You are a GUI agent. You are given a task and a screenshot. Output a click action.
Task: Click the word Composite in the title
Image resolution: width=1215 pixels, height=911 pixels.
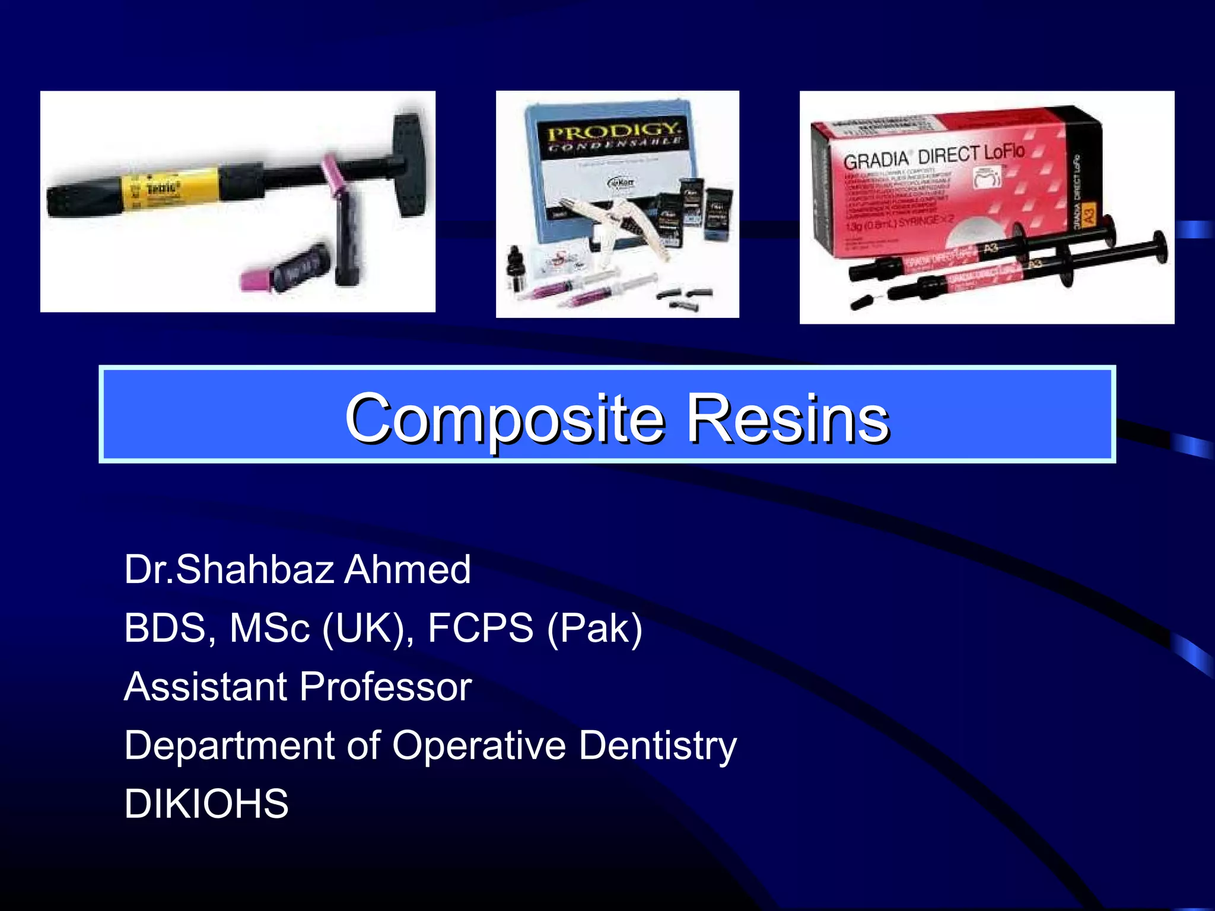[x=504, y=419]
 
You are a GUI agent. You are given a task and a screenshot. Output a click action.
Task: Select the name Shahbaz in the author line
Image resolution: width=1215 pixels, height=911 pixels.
[x=255, y=569]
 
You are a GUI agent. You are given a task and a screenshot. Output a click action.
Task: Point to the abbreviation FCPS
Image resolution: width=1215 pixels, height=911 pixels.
[x=481, y=627]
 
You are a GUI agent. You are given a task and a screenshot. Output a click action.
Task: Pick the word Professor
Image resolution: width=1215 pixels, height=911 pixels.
[x=386, y=687]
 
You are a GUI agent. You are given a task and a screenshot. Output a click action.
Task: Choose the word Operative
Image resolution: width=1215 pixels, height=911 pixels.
[x=478, y=745]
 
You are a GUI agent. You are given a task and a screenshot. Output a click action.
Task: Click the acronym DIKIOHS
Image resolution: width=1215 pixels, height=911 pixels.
[x=206, y=804]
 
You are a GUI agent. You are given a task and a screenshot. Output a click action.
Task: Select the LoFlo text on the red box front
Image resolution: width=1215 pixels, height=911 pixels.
[x=1004, y=152]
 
